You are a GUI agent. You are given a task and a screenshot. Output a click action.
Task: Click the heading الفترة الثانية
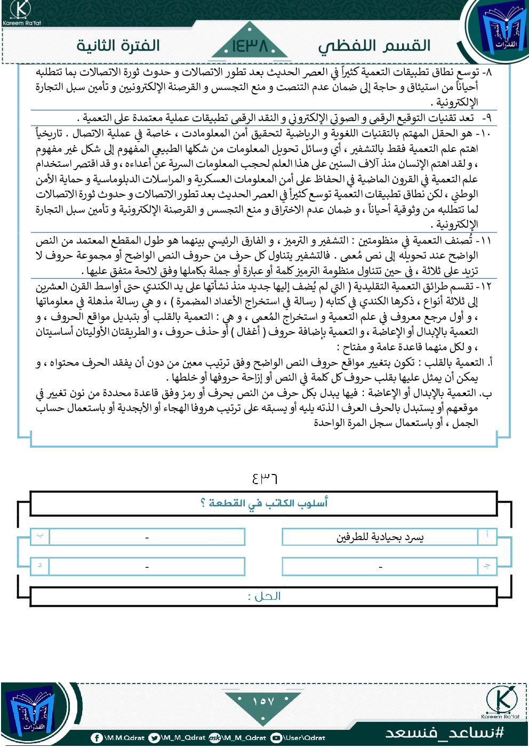click(x=118, y=45)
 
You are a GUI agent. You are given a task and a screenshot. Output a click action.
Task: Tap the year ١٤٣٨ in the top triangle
click(x=250, y=46)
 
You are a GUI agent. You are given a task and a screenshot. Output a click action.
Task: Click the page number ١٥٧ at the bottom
click(x=263, y=702)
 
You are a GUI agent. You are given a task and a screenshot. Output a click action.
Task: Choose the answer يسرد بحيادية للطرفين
click(x=380, y=537)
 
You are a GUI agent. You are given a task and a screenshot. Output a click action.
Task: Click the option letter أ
click(x=487, y=535)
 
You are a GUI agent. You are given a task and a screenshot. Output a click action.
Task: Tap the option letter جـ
click(x=487, y=566)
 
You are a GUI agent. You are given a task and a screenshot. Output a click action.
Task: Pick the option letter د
click(x=40, y=565)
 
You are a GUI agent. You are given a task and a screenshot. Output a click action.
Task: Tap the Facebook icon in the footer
click(x=97, y=738)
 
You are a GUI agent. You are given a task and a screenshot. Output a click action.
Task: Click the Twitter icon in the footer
click(x=154, y=738)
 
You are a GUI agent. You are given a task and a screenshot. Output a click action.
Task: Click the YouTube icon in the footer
click(x=276, y=738)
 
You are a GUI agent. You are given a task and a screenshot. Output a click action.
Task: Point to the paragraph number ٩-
click(x=486, y=117)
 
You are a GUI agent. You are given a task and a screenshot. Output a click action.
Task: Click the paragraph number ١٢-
click(x=483, y=286)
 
